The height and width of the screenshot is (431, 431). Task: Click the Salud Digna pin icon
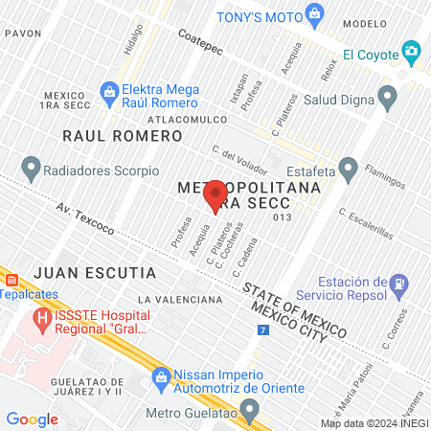(x=388, y=97)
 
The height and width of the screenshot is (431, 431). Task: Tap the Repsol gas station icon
(x=397, y=284)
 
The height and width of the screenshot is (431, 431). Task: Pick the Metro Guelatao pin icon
(x=251, y=413)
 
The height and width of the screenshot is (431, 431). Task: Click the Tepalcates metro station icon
(x=12, y=281)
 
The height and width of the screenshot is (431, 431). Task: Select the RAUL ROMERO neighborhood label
(x=122, y=136)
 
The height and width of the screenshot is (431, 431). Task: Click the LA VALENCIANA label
(x=179, y=300)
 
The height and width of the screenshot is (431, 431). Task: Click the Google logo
(x=32, y=419)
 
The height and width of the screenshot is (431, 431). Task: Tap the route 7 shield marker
(x=263, y=329)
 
